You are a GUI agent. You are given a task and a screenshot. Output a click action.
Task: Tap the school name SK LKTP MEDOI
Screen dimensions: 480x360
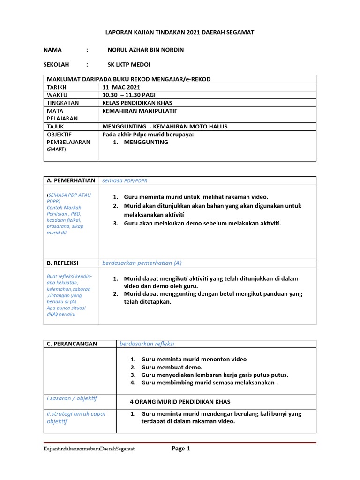[129, 65]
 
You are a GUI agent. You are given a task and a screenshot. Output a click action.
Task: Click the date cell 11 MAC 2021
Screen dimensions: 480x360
[121, 87]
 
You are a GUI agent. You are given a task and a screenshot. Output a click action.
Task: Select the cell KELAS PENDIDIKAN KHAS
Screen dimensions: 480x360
[136, 102]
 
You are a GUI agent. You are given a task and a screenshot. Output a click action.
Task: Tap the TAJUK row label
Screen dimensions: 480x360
[55, 127]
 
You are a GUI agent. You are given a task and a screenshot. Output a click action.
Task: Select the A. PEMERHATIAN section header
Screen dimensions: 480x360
[71, 180]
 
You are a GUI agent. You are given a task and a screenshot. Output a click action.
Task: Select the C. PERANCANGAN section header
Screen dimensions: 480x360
[72, 344]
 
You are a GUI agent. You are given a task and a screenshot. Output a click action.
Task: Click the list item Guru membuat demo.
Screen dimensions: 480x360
[172, 367]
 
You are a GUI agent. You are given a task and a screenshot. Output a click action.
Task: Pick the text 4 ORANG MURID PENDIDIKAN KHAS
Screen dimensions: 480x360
[180, 402]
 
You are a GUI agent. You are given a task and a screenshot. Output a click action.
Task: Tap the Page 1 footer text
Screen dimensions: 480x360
[180, 449]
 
